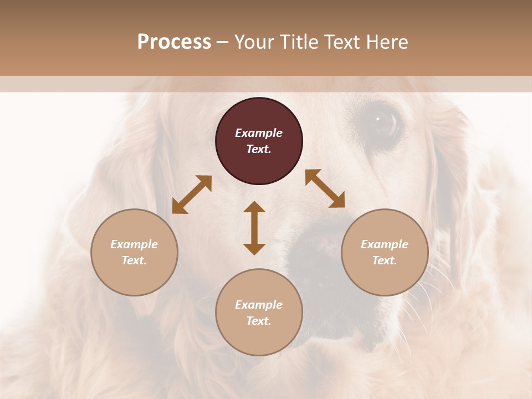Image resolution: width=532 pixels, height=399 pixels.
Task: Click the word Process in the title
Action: click(x=174, y=42)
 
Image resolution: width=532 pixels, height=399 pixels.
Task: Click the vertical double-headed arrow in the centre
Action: click(x=254, y=228)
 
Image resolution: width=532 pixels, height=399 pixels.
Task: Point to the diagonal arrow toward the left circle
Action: click(x=192, y=195)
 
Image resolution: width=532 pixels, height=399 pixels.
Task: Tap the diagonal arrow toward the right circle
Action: click(x=325, y=189)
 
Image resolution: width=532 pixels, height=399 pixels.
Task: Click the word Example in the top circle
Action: click(x=259, y=133)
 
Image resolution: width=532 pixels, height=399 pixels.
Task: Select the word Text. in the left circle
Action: click(x=134, y=260)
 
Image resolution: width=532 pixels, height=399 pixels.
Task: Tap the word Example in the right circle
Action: click(x=385, y=244)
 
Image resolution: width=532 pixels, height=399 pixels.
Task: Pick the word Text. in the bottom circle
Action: click(x=259, y=321)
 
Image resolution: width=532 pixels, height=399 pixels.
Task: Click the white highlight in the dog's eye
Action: click(x=378, y=118)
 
